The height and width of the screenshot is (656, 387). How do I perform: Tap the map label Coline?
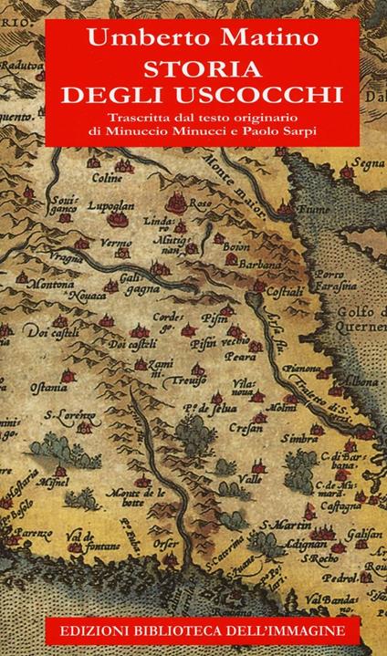[x=105, y=179]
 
